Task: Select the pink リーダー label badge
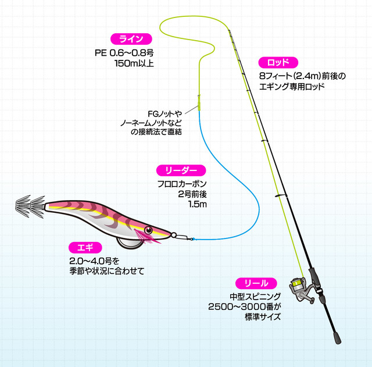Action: coord(181,170)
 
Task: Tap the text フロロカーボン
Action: coord(182,184)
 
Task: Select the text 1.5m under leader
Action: coord(197,205)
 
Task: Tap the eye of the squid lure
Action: coord(149,230)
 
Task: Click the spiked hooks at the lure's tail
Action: coord(28,205)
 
